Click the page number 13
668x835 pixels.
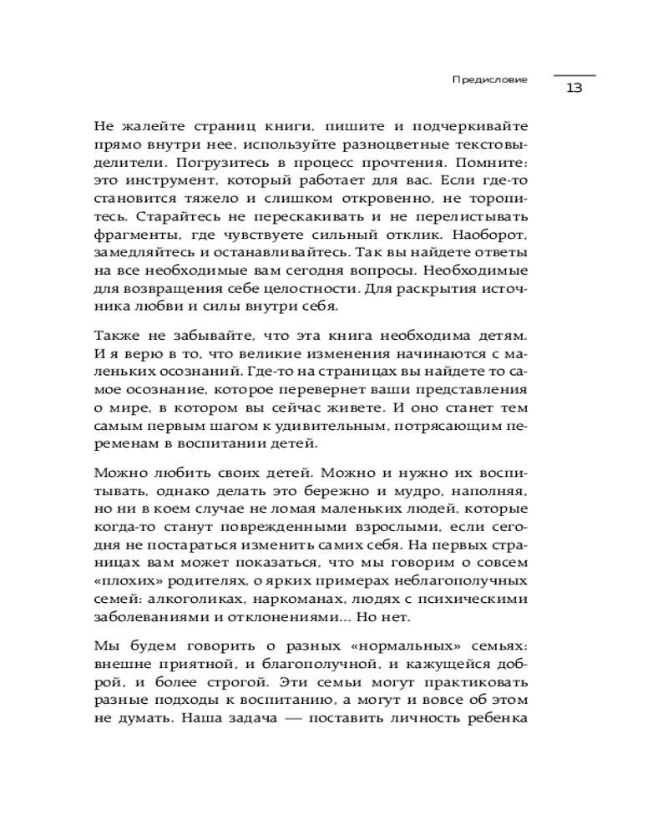tap(574, 89)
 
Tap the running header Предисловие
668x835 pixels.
tap(489, 79)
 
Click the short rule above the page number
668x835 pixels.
tap(574, 75)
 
